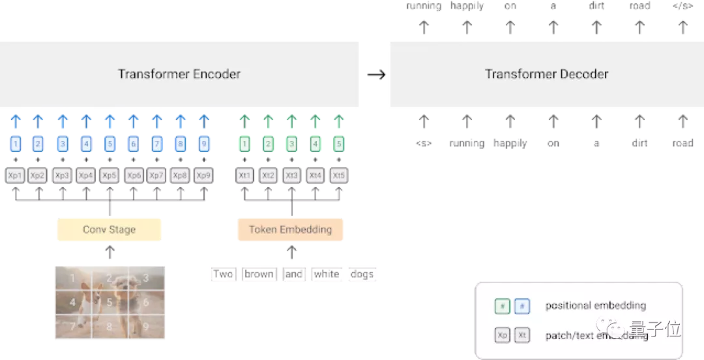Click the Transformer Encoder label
[179, 74]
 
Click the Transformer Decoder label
[546, 74]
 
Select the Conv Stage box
[109, 230]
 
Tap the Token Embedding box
[290, 230]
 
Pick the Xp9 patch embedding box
[203, 175]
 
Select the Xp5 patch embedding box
[110, 175]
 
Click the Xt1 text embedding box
[244, 175]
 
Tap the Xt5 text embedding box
[338, 175]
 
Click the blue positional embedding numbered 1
[15, 144]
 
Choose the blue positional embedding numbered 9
[203, 144]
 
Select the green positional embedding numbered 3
[291, 144]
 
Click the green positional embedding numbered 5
[338, 144]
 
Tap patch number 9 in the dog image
[145, 325]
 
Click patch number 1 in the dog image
[72, 278]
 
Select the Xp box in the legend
[503, 335]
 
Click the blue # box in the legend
[521, 305]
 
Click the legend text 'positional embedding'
[595, 305]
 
